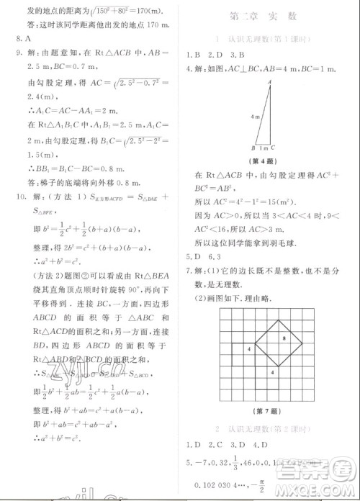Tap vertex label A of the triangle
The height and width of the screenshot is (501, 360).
point(269,83)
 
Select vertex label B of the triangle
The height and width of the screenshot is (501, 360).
point(254,149)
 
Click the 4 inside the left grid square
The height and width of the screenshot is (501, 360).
point(248,348)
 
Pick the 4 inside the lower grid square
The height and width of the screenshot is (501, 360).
point(272,372)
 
